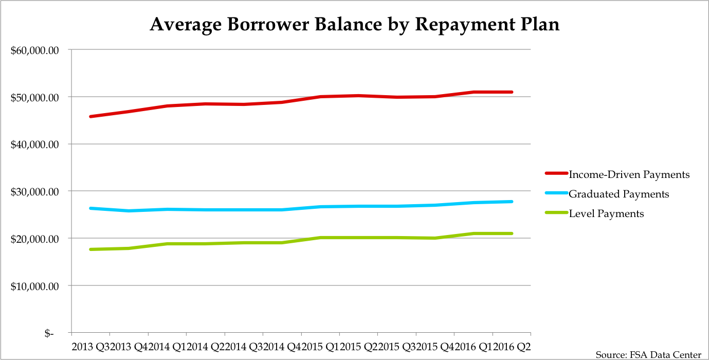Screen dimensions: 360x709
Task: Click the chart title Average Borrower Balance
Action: (x=354, y=25)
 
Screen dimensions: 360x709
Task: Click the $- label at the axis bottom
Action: (x=49, y=333)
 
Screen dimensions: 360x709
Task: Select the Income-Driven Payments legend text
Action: (x=629, y=174)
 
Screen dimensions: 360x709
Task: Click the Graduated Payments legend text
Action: (x=619, y=194)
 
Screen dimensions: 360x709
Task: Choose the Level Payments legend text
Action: (x=606, y=213)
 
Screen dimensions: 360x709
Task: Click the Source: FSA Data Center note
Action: (x=648, y=355)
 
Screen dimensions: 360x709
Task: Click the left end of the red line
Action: (x=90, y=117)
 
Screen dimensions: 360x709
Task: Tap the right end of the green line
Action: (x=512, y=233)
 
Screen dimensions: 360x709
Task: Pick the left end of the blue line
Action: (x=90, y=208)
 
